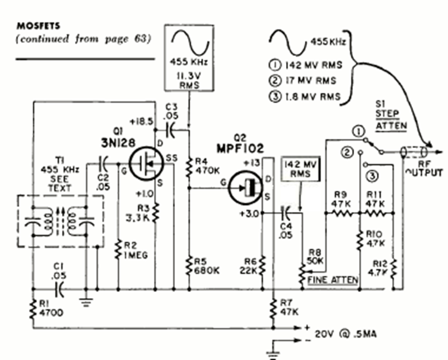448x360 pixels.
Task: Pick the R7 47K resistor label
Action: [x=288, y=307]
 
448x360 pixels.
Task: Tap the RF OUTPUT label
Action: [x=426, y=168]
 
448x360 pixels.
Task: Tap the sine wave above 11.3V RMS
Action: [x=189, y=44]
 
